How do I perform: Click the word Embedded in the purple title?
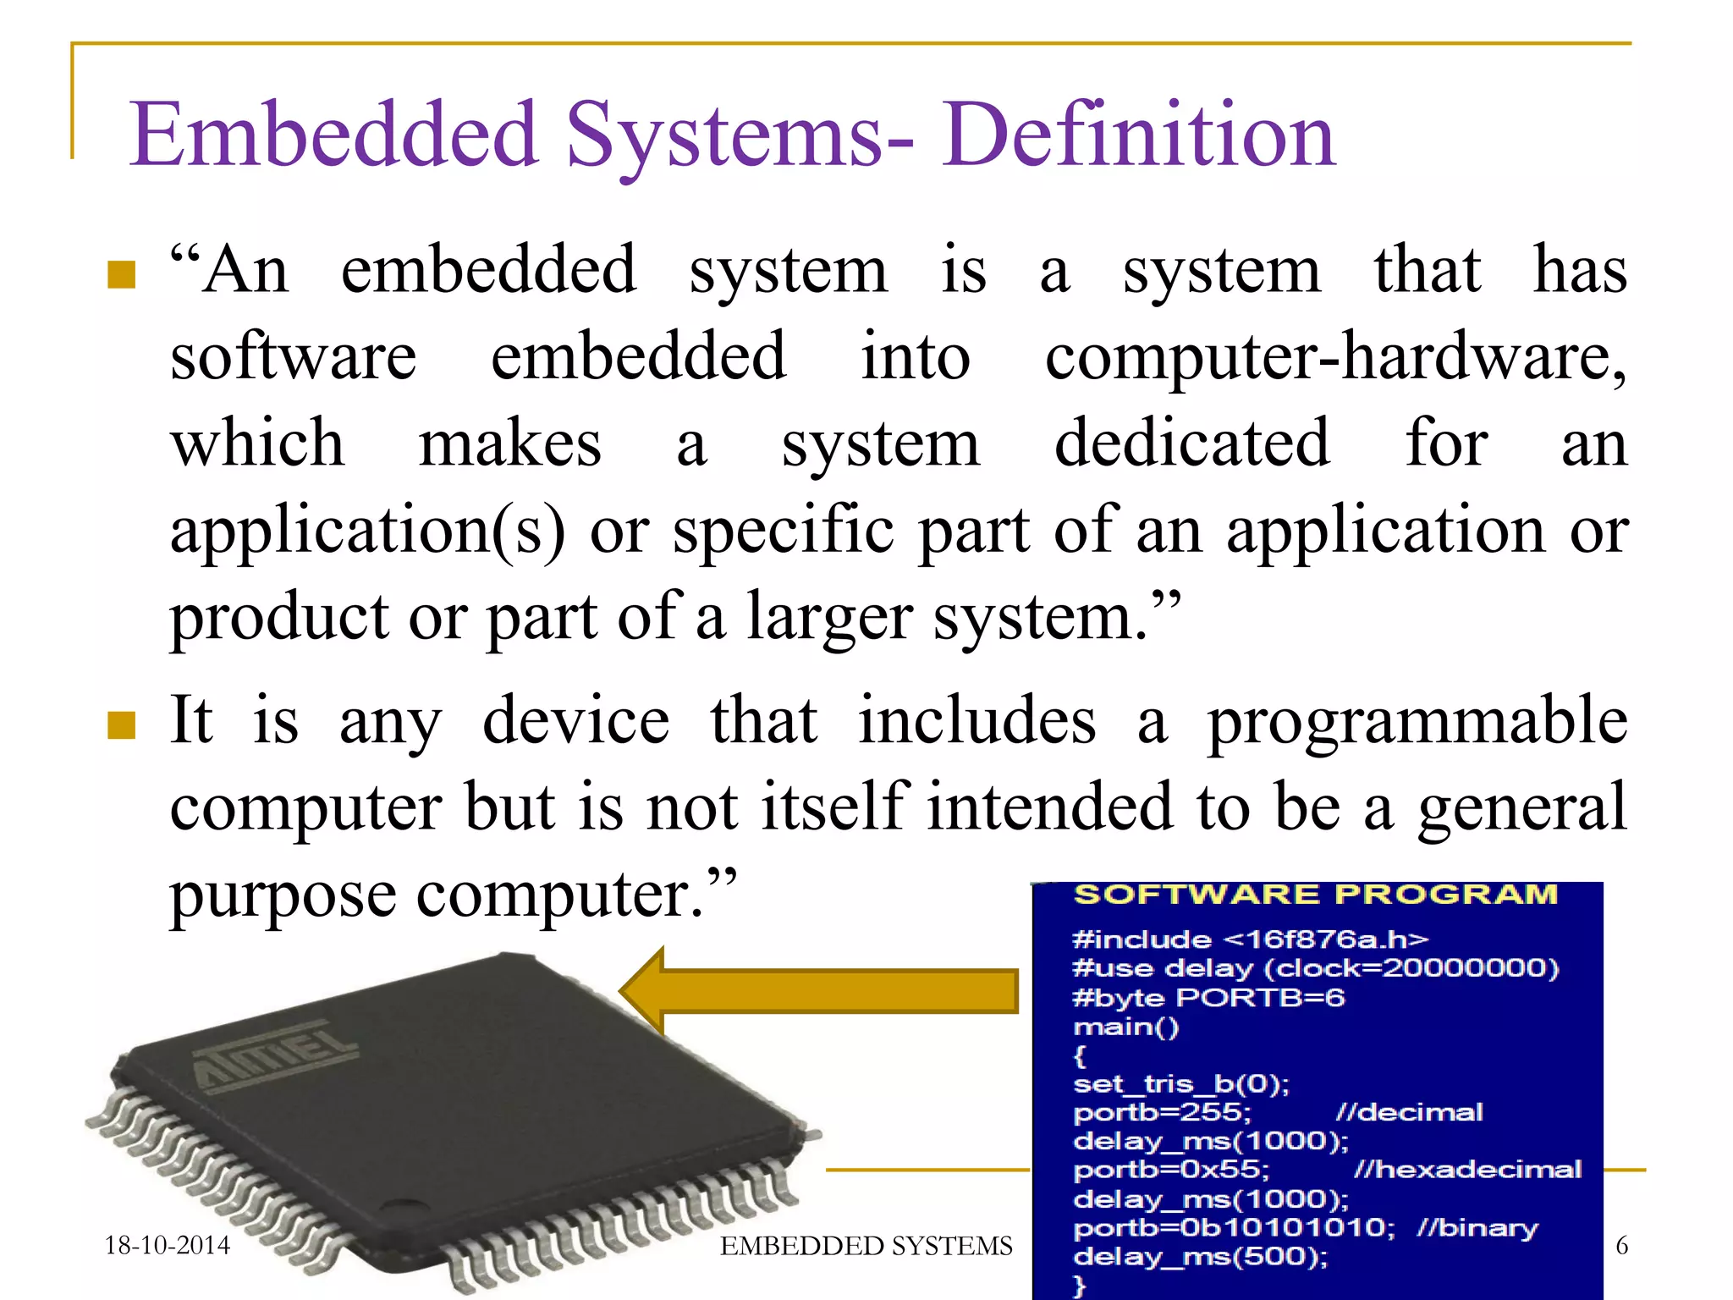(x=333, y=135)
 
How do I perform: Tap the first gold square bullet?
(x=122, y=274)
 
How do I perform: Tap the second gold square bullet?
(x=122, y=724)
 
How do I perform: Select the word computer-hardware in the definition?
(x=1334, y=357)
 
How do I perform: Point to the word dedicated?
(x=1191, y=443)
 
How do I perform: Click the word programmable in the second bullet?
(x=1417, y=721)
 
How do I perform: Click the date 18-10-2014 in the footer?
(x=167, y=1245)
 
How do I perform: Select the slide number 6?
(x=1621, y=1245)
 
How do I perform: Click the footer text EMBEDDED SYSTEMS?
(x=866, y=1246)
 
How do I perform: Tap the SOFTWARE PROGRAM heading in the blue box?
(x=1315, y=895)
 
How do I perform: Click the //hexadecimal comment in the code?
(x=1466, y=1170)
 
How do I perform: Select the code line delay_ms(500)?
(x=1200, y=1257)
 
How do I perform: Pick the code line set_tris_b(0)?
(x=1180, y=1084)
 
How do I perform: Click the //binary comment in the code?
(x=1477, y=1228)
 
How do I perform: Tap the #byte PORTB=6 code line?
(x=1208, y=998)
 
